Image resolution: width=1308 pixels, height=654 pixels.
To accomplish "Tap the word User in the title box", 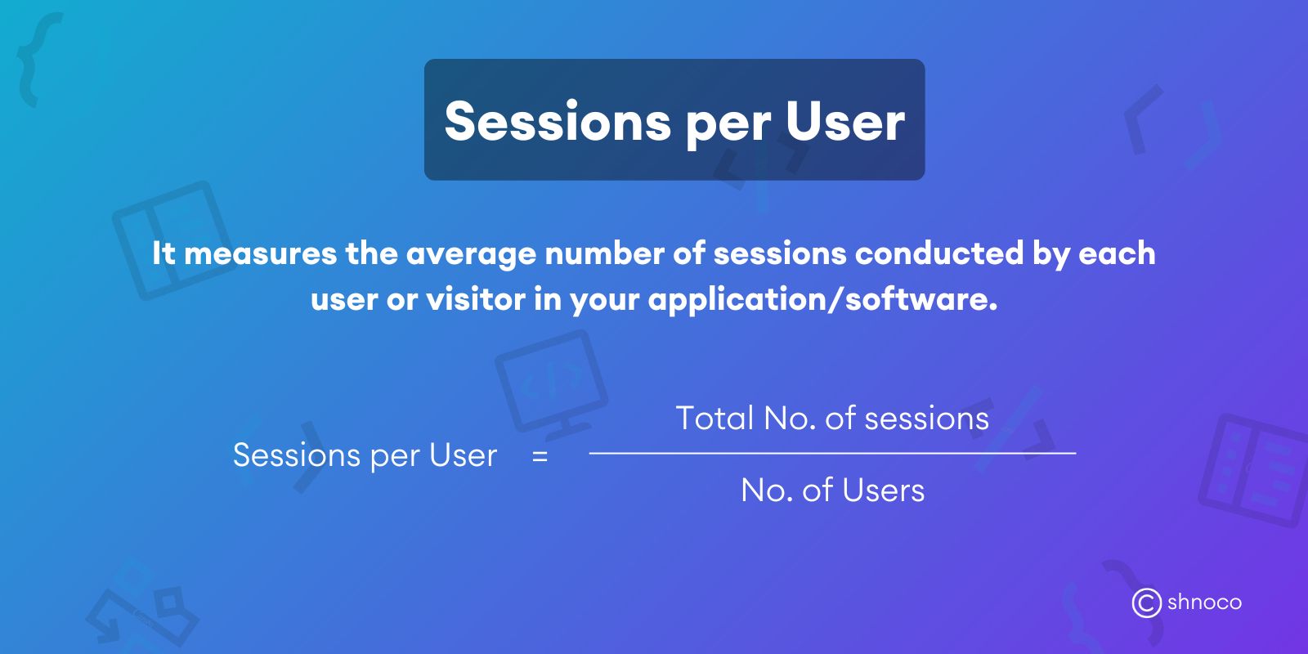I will click(845, 122).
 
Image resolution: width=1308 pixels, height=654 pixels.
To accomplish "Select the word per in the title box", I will click(728, 125).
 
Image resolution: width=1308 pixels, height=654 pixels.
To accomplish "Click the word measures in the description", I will click(260, 253).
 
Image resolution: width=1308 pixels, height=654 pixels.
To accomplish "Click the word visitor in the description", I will click(476, 299).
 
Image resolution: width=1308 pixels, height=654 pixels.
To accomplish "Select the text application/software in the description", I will click(822, 301).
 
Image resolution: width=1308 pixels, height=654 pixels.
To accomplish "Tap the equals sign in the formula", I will click(540, 457).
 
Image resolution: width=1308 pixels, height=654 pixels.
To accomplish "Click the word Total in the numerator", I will click(714, 419).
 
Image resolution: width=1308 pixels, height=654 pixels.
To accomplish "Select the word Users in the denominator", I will click(883, 490).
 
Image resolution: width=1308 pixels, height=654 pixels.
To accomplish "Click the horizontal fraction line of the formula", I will click(832, 453).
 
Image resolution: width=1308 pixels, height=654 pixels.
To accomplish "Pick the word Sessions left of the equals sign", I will click(296, 455).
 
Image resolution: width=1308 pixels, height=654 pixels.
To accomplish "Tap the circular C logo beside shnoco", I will click(1146, 603).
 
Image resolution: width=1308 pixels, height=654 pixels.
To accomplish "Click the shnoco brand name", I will click(1204, 602).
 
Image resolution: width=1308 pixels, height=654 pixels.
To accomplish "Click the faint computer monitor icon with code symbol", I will click(550, 381).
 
